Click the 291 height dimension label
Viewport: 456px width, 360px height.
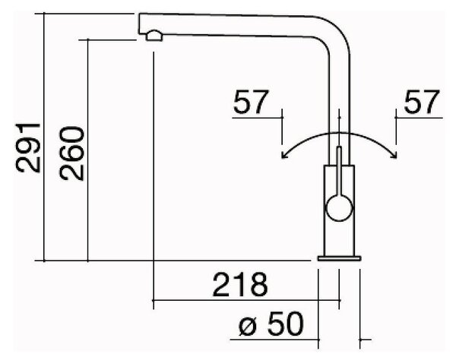(28, 147)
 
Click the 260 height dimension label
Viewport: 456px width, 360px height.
(72, 153)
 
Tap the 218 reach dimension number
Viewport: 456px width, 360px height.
(240, 285)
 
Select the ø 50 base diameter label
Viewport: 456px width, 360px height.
(271, 324)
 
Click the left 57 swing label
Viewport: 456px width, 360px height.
(251, 102)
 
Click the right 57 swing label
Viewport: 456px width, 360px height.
(422, 102)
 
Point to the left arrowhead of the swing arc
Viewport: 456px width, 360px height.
(283, 156)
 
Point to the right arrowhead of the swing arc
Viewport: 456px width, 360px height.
(394, 156)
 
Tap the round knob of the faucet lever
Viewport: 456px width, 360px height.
(339, 208)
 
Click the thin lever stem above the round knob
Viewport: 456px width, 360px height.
(339, 171)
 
